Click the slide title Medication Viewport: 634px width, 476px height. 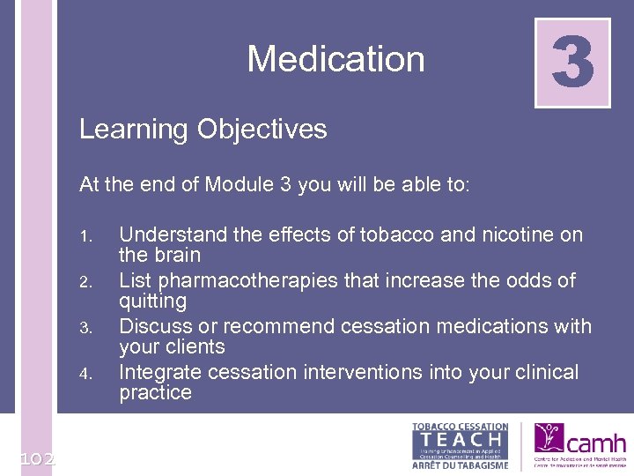click(x=335, y=59)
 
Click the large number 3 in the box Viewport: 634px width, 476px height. click(x=572, y=63)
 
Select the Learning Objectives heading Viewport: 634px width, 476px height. click(x=203, y=130)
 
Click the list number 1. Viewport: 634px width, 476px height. click(x=85, y=236)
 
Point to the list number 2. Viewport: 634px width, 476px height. click(x=85, y=282)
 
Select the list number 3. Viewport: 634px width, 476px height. click(x=85, y=328)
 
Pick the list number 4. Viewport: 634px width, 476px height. click(x=85, y=374)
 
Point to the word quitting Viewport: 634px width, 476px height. click(x=152, y=301)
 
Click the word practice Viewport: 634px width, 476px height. click(x=155, y=393)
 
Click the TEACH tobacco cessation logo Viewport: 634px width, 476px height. click(x=460, y=445)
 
